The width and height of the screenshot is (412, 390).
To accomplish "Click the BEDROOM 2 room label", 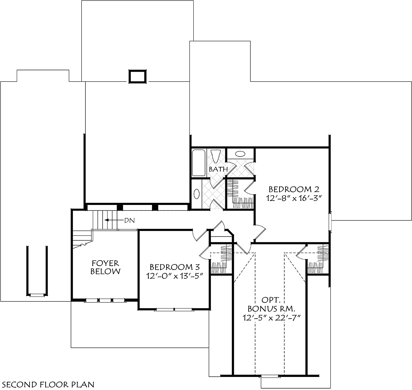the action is [x=294, y=190].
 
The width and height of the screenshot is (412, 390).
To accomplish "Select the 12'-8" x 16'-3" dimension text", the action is [x=294, y=198].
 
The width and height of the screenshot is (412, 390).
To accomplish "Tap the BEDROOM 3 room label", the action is [x=175, y=267].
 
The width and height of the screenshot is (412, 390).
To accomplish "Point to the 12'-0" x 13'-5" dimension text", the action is [x=175, y=276].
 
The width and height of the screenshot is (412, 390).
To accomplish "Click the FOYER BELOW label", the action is [x=105, y=267].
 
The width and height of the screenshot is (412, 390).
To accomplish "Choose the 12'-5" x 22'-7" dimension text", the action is [x=272, y=318].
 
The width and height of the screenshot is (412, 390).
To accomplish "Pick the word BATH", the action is [x=218, y=169].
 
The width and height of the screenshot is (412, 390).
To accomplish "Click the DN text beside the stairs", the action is [x=129, y=220].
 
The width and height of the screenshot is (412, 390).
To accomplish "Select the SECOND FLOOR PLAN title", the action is [x=48, y=385].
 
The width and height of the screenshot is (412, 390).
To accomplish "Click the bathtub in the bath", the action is [x=198, y=163].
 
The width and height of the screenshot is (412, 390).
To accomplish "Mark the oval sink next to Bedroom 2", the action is [x=240, y=154].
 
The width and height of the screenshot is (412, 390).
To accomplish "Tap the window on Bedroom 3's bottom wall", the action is [x=174, y=309].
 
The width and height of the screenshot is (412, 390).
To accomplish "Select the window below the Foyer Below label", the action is [x=105, y=300].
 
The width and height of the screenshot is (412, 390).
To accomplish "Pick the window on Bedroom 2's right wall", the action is [x=330, y=222].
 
